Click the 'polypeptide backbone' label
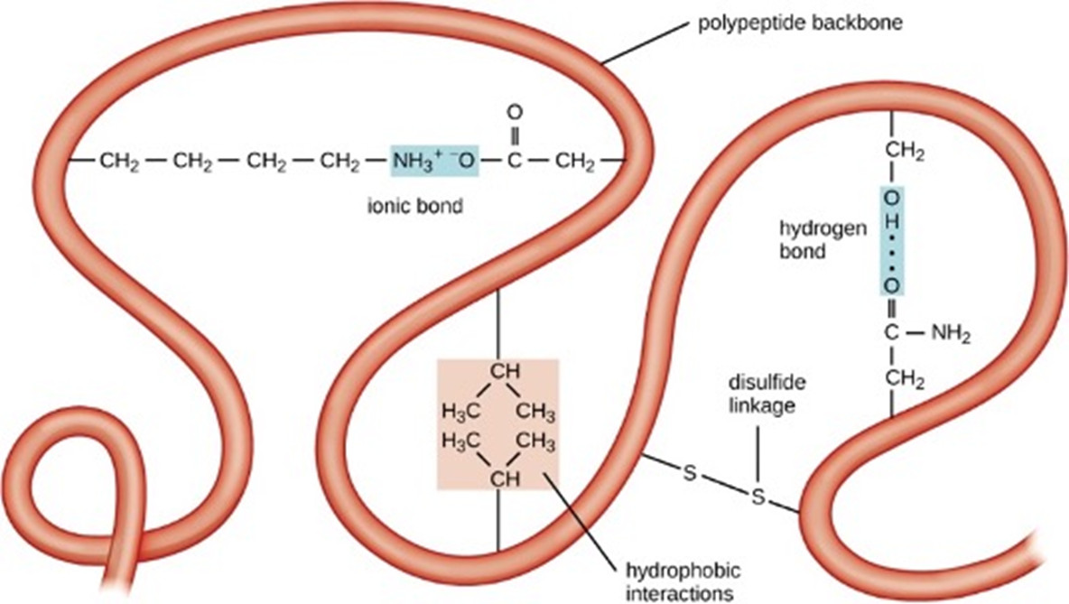pos(800,23)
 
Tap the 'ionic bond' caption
pos(414,205)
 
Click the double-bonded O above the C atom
pos(515,111)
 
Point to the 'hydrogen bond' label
pos(823,239)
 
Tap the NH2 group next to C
pos(951,334)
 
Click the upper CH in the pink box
pos(505,371)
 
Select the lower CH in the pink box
pos(505,479)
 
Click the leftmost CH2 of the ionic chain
pos(119,163)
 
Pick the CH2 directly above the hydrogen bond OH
pos(905,152)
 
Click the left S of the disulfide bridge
pos(690,472)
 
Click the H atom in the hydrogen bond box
pos(891,221)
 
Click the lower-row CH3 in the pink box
pos(536,442)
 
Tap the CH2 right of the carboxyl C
pos(575,163)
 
